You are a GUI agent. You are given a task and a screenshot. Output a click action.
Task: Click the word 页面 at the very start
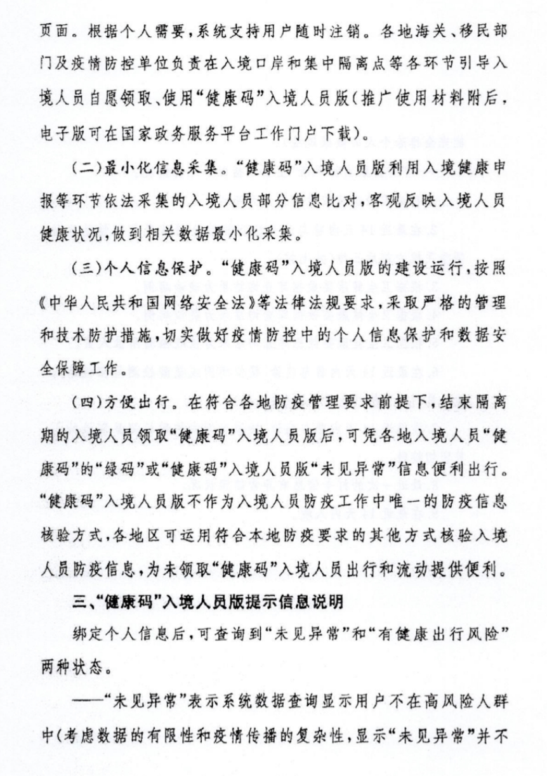pos(53,30)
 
